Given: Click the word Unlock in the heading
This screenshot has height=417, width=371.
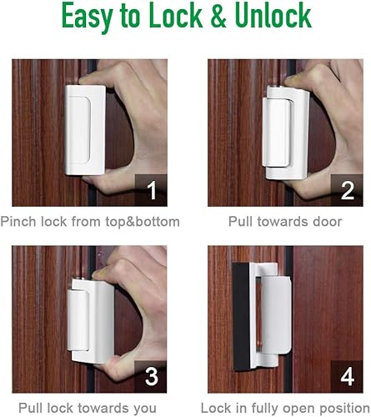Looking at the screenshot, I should [278, 18].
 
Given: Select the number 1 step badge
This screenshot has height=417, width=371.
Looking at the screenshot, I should [150, 190].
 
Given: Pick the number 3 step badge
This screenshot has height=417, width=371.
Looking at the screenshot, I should [150, 377].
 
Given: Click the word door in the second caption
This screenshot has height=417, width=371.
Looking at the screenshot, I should [326, 222].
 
